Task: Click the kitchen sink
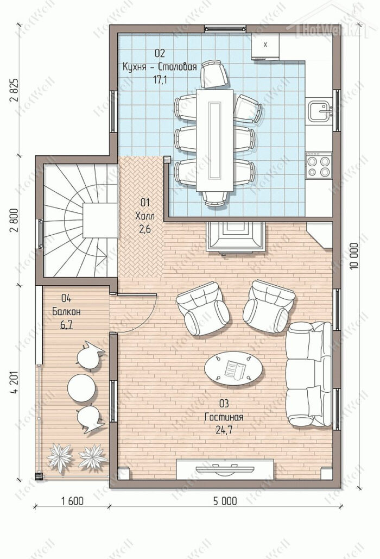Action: (x=320, y=110)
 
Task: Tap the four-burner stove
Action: (x=319, y=166)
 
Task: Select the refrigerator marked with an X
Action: (x=265, y=46)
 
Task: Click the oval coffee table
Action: (x=233, y=368)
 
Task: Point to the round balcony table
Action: (x=81, y=388)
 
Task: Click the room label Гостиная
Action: (x=224, y=417)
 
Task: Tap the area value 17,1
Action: (x=160, y=80)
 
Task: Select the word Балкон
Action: (x=67, y=312)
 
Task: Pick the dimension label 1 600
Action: (x=72, y=501)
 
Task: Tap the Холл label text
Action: (x=145, y=216)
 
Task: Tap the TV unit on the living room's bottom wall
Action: (x=225, y=469)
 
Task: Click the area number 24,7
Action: (x=224, y=430)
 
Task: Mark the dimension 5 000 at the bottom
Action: (x=225, y=501)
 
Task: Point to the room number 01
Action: (x=145, y=203)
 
